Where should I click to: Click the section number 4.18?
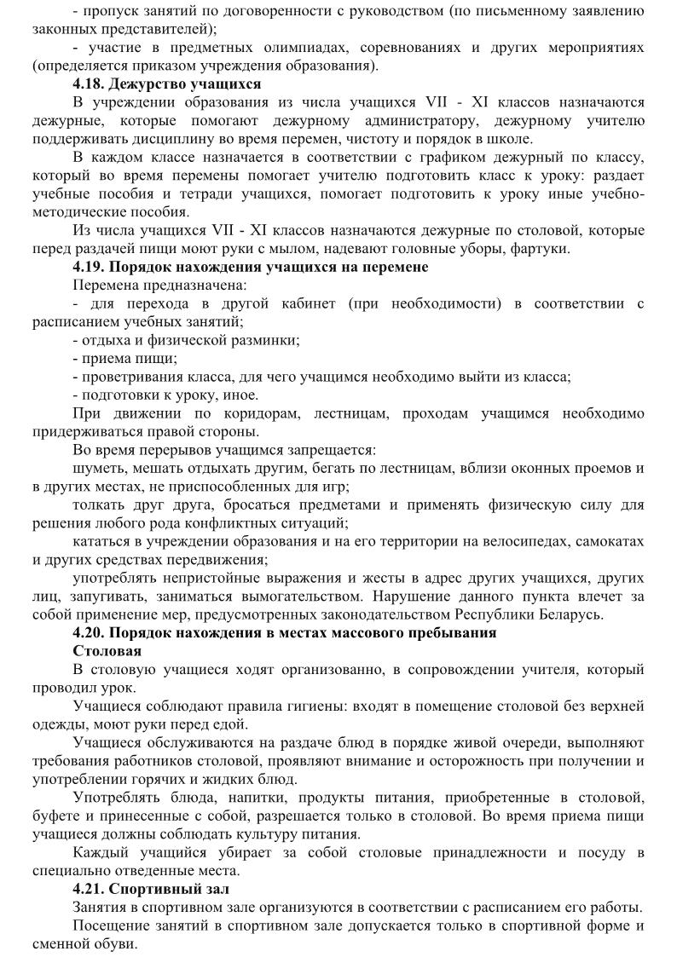pos(89,84)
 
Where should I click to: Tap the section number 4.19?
pos(89,267)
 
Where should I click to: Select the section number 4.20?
pos(89,632)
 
